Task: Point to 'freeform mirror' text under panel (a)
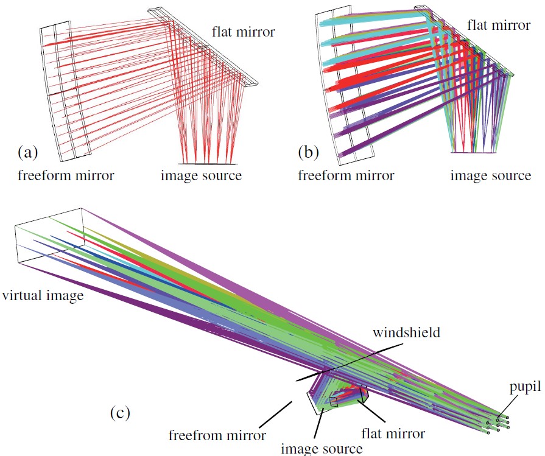(x=66, y=176)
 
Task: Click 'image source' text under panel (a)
(x=201, y=176)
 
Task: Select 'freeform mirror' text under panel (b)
(x=346, y=176)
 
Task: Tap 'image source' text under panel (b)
(x=490, y=176)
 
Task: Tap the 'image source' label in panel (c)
(x=323, y=449)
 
